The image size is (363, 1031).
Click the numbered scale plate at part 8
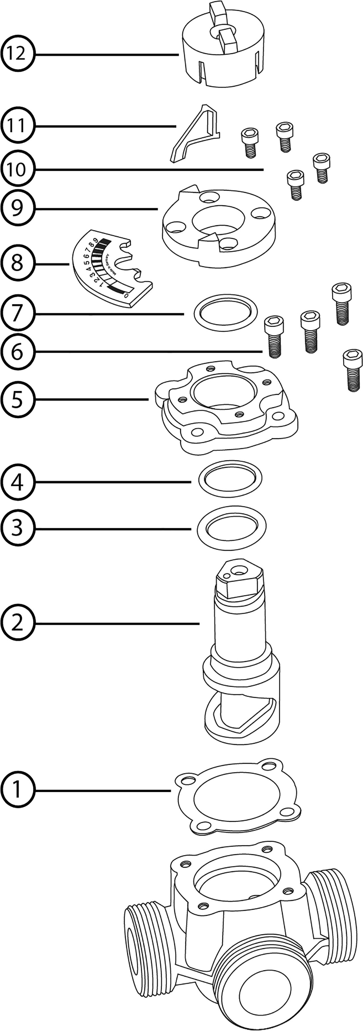110,268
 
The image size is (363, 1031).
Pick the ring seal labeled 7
226,313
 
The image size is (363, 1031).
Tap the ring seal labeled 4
230,479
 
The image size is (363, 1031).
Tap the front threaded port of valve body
260,984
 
